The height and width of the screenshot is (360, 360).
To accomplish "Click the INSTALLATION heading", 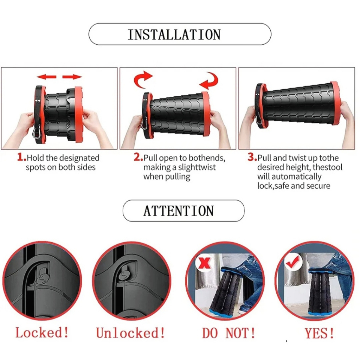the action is tap(174, 35).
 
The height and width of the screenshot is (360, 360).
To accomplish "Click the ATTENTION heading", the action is tap(179, 211).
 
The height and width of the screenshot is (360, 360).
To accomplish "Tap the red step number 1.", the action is tap(21, 157).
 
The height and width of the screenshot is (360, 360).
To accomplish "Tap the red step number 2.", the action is tap(138, 157).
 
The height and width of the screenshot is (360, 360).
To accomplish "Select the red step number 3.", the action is tap(252, 157).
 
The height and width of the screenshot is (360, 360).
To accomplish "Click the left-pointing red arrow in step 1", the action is tap(47, 77).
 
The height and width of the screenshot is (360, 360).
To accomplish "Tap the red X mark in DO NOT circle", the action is tap(204, 263).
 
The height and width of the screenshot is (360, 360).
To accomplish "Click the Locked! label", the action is tap(42, 332).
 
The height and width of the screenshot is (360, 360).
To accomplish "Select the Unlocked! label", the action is tap(130, 333).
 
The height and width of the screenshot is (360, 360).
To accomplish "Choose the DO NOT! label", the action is tap(229, 333).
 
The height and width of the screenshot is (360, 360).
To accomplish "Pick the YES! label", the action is tap(319, 333).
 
